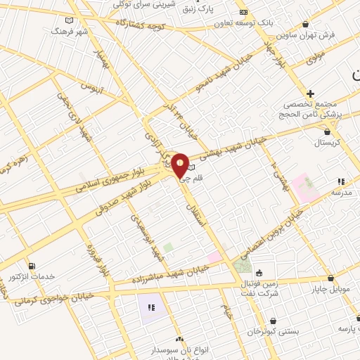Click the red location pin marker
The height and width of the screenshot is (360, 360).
coord(180,165)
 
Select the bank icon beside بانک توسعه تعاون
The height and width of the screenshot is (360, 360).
coord(243,12)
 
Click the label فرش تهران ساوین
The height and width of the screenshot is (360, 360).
coord(305,34)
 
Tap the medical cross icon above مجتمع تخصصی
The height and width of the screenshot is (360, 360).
coord(310,93)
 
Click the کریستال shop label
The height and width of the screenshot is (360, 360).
coord(326,142)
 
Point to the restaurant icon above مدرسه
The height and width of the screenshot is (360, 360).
coord(341,181)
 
